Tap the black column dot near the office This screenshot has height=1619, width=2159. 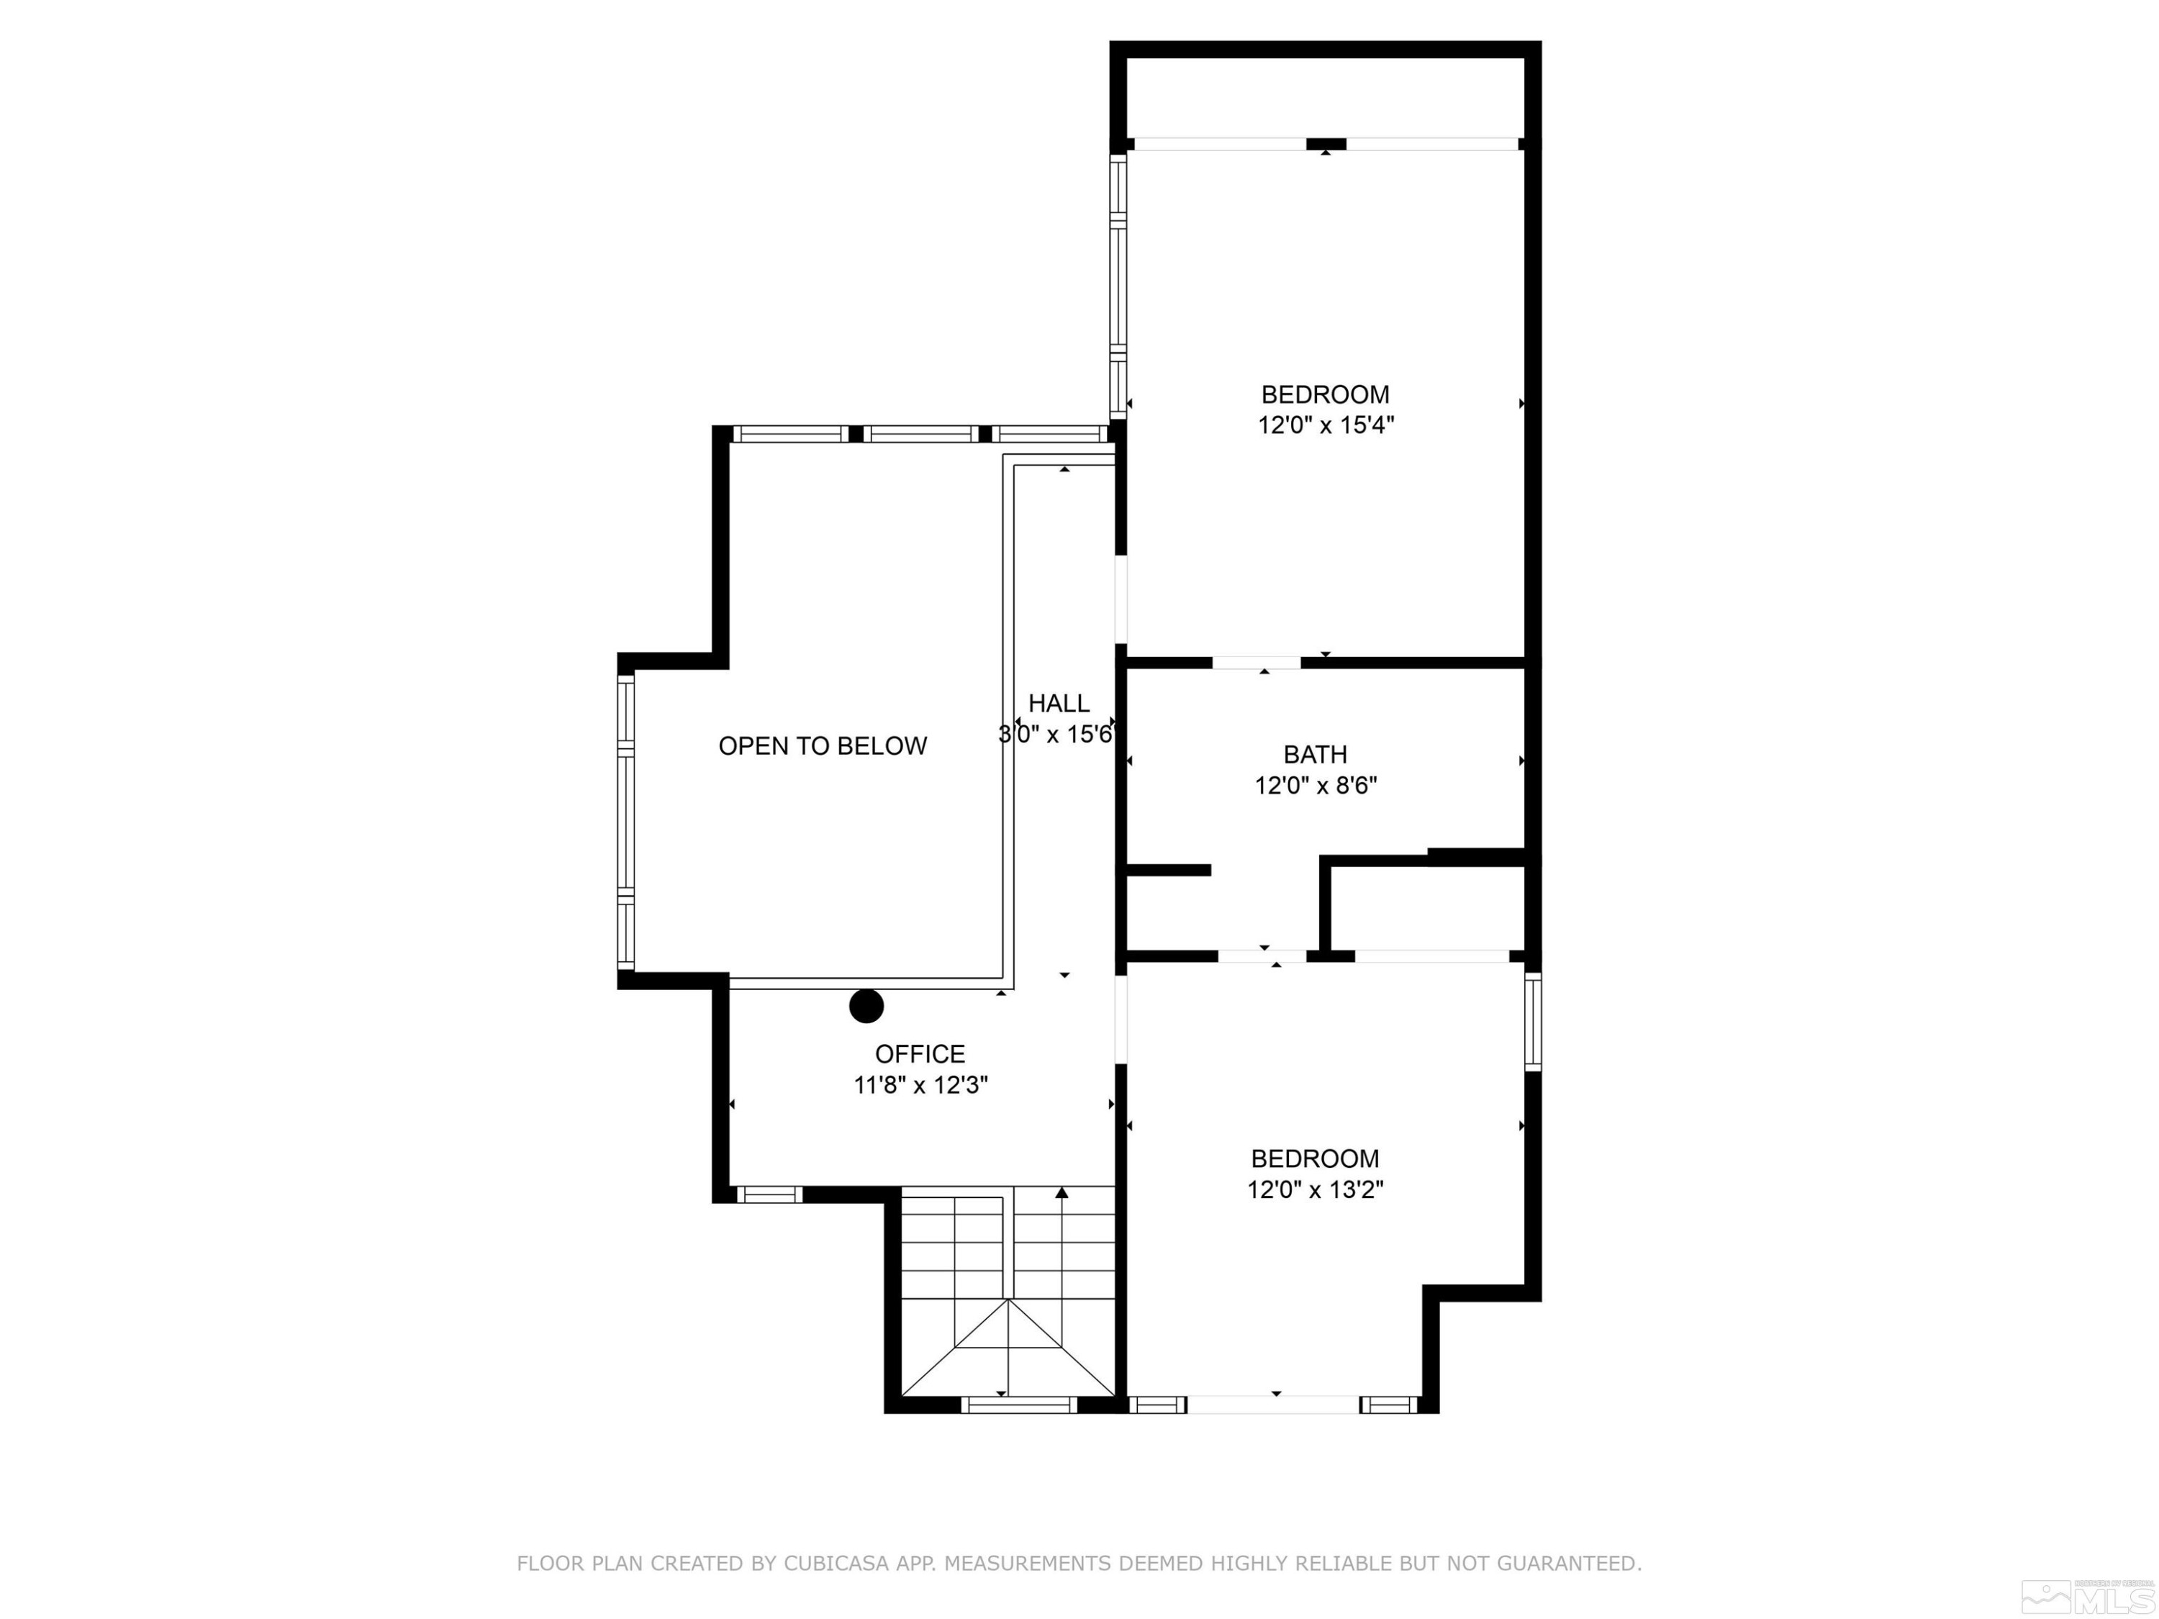[866, 1006]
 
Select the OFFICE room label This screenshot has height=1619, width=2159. [920, 1054]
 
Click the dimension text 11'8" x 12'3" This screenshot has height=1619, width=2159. [920, 1085]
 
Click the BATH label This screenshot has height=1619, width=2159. [1315, 754]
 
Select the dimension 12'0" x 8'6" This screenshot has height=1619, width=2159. [1315, 786]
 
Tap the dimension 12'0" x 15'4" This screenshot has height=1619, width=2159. [1324, 425]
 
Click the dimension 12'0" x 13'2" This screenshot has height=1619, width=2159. [1315, 1189]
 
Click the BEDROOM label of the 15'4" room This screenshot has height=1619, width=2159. [1324, 394]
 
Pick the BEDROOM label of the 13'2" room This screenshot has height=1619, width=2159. [1315, 1158]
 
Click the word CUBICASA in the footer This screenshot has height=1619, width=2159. [836, 1564]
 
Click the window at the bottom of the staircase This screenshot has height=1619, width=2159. [1018, 1405]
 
